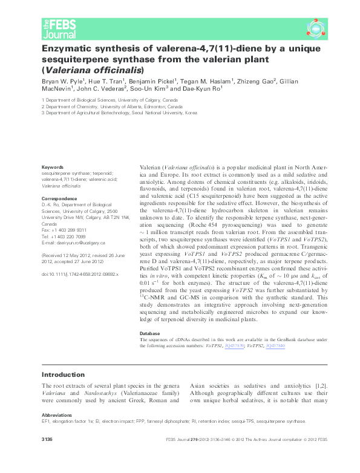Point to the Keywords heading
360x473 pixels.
click(x=52, y=167)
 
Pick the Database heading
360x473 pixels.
click(x=151, y=333)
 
